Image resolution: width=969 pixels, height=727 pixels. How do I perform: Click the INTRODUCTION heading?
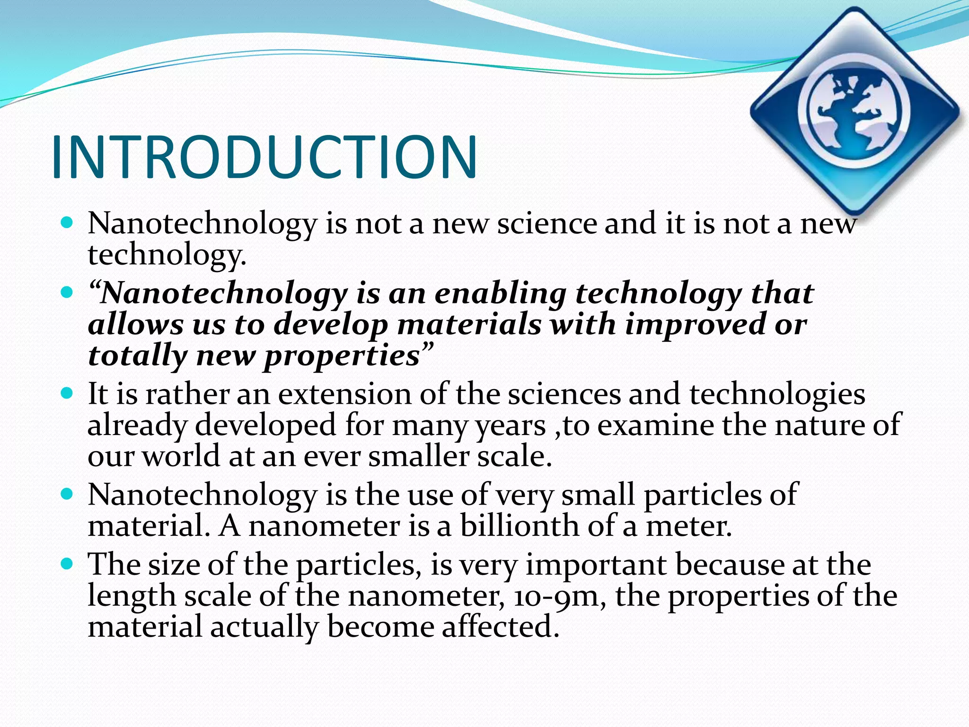click(x=264, y=157)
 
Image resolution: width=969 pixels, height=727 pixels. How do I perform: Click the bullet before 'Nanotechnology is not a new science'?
click(x=68, y=222)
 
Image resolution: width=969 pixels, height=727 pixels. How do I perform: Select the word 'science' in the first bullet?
click(x=547, y=223)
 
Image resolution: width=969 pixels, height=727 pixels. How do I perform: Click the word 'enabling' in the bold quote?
click(x=501, y=293)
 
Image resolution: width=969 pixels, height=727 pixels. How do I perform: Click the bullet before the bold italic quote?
click(x=68, y=293)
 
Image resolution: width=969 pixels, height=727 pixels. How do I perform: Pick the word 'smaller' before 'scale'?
click(x=418, y=456)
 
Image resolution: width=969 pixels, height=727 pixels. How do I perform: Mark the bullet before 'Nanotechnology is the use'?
click(x=68, y=494)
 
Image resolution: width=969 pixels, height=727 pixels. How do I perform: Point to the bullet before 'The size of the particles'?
click(x=68, y=564)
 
